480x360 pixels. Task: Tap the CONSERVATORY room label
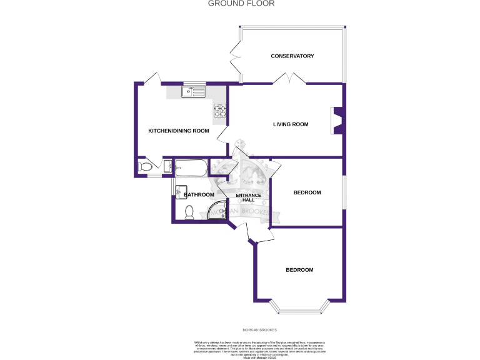(x=292, y=56)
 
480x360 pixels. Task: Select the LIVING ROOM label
(x=291, y=124)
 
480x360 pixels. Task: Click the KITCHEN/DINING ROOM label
(x=178, y=131)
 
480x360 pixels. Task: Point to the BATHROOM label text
(x=199, y=195)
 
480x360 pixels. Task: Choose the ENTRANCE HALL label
(x=248, y=198)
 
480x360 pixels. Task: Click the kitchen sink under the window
(x=193, y=92)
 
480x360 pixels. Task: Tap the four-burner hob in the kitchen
(x=220, y=111)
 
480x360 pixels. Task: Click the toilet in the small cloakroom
(x=145, y=167)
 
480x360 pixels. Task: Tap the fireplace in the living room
(x=337, y=121)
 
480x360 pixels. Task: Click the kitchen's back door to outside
(x=151, y=78)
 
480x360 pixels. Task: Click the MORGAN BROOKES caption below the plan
(x=259, y=329)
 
